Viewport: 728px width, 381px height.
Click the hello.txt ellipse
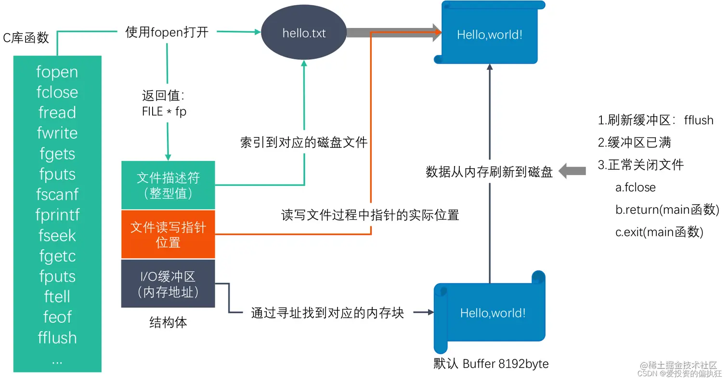coord(304,33)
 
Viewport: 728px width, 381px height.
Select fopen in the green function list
coord(57,72)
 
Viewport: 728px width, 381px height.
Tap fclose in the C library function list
coord(57,92)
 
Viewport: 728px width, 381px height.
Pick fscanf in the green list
coord(57,195)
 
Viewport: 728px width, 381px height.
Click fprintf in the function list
coord(57,215)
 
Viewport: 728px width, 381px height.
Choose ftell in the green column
coord(57,296)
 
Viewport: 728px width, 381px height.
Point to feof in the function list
coord(57,317)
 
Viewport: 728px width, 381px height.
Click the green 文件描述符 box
coord(168,185)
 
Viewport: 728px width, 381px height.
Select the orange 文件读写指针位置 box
coord(168,235)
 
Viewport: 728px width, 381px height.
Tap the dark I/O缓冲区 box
coord(168,284)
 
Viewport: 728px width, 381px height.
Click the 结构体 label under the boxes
coord(168,323)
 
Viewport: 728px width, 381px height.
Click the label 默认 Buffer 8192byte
coord(491,364)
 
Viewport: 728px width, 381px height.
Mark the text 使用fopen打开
coord(167,32)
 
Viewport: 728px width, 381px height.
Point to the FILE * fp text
coord(164,111)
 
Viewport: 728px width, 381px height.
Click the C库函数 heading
coord(26,38)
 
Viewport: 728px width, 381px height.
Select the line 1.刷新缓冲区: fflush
coord(655,120)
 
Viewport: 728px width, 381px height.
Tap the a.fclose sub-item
coord(635,187)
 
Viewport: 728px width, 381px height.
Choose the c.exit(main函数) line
coord(659,232)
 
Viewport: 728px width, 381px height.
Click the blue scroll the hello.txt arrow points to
coord(490,34)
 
